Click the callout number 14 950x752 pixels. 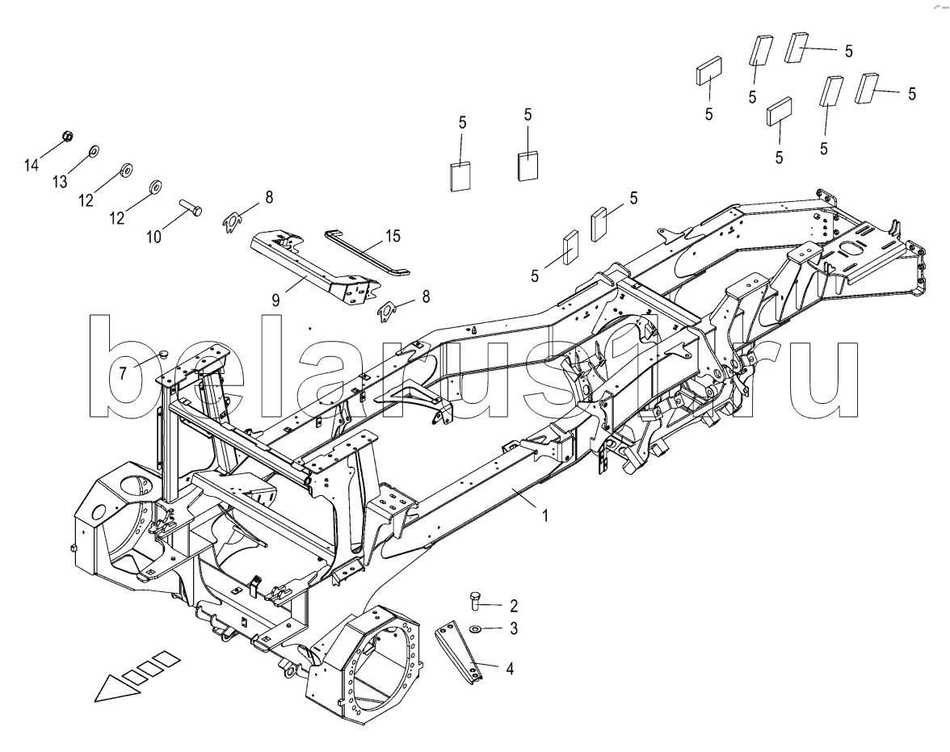32,165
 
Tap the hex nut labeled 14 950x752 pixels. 69,136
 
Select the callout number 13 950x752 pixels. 60,181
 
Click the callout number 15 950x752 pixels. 393,236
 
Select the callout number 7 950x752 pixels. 123,373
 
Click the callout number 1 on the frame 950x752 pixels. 544,515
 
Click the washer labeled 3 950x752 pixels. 476,629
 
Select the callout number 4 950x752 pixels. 510,669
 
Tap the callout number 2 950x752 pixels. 514,605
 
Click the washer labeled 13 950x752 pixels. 94,151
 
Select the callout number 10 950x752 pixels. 153,237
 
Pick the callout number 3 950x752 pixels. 514,629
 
